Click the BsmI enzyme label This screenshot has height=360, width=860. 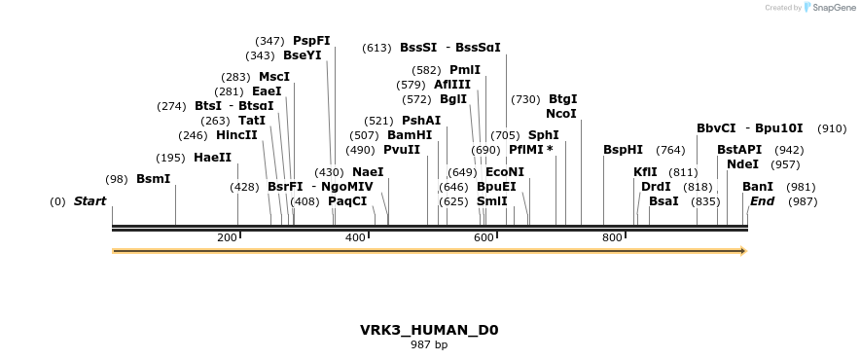(153, 179)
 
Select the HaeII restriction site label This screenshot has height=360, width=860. (212, 158)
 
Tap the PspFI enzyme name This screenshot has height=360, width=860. (311, 41)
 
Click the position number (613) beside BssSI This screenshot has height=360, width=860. (376, 48)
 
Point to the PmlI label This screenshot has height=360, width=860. (464, 70)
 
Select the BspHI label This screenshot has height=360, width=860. (623, 150)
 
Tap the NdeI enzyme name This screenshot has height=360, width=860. (742, 164)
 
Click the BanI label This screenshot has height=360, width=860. (758, 187)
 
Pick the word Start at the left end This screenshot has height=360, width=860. (90, 201)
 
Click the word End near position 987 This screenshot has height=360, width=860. (762, 201)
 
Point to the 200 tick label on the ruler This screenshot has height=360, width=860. (227, 238)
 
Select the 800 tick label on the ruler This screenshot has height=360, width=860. (612, 238)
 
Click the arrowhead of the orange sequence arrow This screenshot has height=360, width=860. (743, 251)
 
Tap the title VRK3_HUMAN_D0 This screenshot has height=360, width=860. (429, 330)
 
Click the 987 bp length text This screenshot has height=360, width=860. (429, 344)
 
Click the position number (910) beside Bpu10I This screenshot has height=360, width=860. (831, 128)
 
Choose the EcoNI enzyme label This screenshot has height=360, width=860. (504, 172)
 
